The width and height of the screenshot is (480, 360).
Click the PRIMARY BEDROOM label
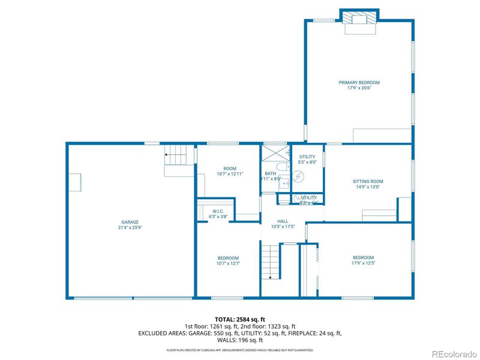(x=359, y=83)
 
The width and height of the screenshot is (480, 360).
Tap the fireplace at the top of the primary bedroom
(x=359, y=19)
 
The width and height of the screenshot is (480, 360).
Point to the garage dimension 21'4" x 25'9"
(x=131, y=227)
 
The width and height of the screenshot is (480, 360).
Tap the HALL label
(x=283, y=221)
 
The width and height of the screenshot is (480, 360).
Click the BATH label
(x=271, y=173)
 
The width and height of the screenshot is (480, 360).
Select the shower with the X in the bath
(x=275, y=151)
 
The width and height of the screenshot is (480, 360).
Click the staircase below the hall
(x=272, y=262)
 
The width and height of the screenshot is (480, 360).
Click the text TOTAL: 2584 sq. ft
(x=239, y=319)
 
